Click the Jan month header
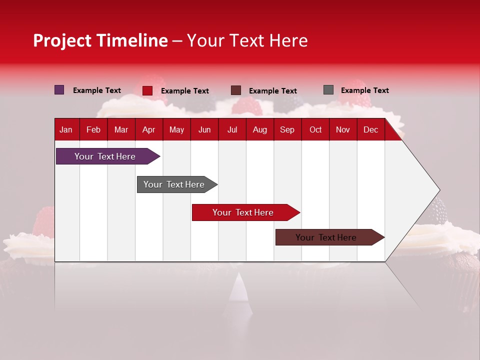(66, 129)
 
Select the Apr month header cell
(149, 129)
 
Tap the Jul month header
(232, 129)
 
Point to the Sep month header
(287, 129)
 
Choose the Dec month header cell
(370, 129)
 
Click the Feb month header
(93, 129)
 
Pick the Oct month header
(315, 129)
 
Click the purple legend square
(59, 90)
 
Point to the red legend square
(147, 90)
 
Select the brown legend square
(236, 90)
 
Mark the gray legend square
(328, 90)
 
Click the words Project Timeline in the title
(100, 40)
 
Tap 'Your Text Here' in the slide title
(247, 40)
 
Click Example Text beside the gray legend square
(364, 90)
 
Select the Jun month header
(204, 129)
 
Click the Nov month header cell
(343, 129)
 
